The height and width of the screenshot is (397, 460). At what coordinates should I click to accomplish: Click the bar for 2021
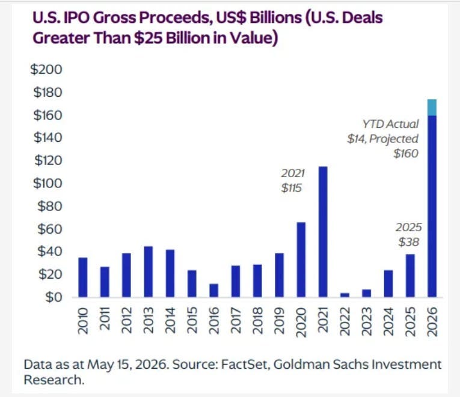point(323,232)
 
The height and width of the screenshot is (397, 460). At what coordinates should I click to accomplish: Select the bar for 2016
point(214,290)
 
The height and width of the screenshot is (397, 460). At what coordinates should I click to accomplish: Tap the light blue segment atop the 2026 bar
point(432,108)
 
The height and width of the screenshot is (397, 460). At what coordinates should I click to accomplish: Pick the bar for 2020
point(301,259)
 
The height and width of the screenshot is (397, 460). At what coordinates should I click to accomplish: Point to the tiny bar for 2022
point(345,295)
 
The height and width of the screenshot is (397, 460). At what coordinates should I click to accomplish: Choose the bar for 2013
point(149,271)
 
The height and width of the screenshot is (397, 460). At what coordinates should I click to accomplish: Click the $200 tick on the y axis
point(46,70)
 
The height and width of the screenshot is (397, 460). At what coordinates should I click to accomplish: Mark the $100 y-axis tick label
point(48,183)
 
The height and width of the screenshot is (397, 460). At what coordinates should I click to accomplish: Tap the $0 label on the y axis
point(54,297)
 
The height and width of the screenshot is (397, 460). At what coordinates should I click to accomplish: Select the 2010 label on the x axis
point(83,321)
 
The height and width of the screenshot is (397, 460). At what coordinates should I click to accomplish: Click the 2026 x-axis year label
point(432,321)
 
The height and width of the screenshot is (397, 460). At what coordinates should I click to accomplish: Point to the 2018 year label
point(257,321)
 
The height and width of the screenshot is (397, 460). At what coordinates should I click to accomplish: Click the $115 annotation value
point(291,188)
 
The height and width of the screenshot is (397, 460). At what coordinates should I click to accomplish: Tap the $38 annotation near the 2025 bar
point(409,242)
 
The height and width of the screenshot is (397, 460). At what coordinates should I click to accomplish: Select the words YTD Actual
point(390,124)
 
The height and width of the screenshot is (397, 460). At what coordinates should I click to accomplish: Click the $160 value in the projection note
point(406,153)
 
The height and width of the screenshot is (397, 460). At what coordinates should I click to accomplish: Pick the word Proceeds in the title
point(174,17)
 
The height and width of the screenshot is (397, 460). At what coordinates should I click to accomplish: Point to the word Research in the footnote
point(54,380)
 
